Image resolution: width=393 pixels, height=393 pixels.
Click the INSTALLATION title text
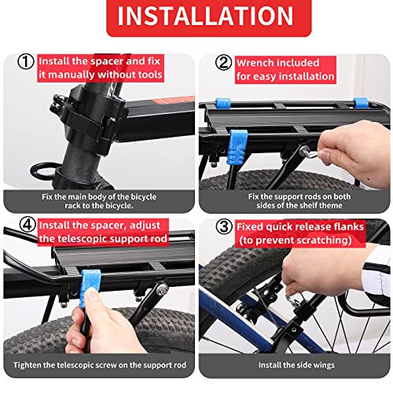196,18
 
